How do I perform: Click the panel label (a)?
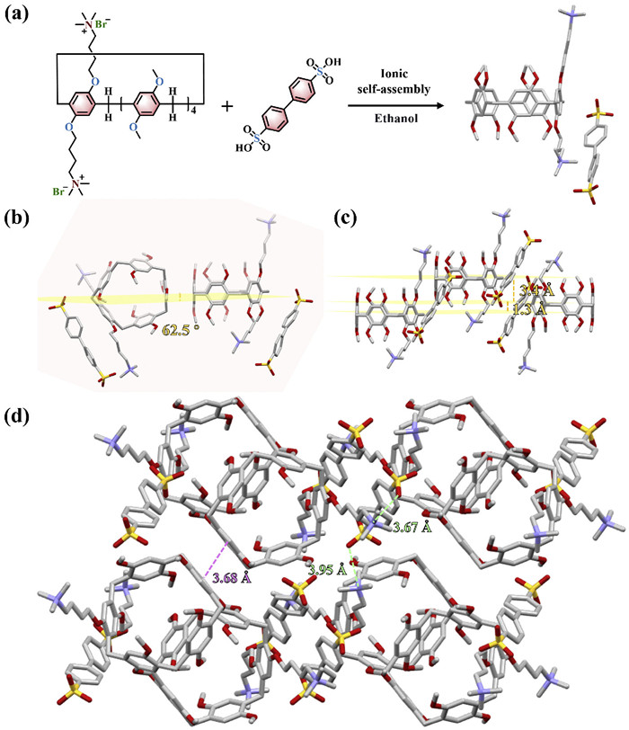coord(22,15)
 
